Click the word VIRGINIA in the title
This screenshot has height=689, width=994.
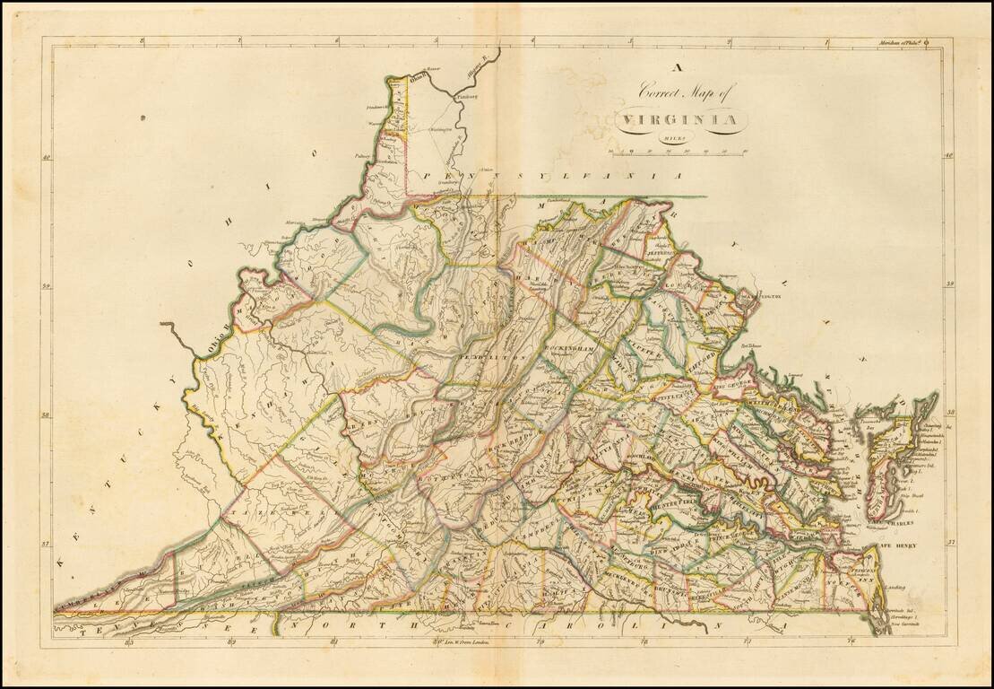point(677,119)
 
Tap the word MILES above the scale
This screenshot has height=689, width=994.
point(676,137)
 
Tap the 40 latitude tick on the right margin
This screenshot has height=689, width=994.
point(949,156)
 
